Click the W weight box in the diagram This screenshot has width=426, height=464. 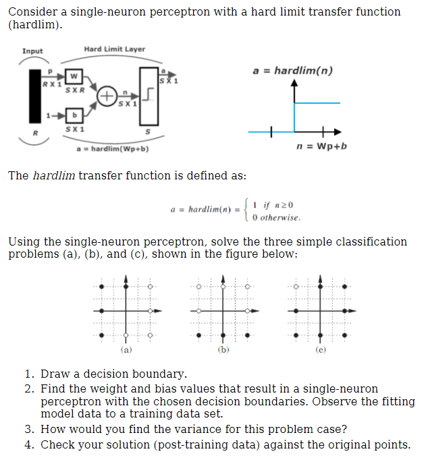click(x=75, y=76)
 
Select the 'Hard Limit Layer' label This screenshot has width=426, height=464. click(x=114, y=49)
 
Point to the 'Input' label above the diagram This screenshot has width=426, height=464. click(x=32, y=51)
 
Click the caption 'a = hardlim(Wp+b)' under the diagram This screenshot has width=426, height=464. click(x=113, y=148)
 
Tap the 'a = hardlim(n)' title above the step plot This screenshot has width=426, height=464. click(x=292, y=71)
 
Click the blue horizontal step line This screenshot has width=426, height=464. click(x=317, y=103)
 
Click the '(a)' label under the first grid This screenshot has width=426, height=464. click(x=126, y=351)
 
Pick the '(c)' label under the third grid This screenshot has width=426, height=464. click(x=321, y=351)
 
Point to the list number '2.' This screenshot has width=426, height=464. click(x=29, y=388)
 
